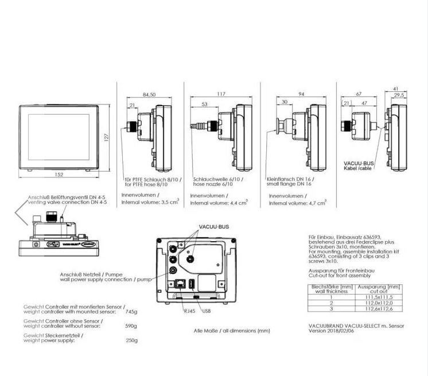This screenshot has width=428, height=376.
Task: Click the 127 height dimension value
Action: coord(107,138)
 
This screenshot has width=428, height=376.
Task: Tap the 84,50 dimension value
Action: coord(149,95)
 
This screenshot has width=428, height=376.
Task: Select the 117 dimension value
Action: coord(221,95)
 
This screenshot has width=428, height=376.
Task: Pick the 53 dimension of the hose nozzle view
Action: coord(204,104)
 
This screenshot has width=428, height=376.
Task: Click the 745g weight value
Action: coord(131,312)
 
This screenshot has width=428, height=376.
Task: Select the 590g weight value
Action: coord(131,325)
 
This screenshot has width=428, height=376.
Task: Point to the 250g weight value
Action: coord(131,339)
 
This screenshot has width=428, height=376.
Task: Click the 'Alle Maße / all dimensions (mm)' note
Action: coord(232,331)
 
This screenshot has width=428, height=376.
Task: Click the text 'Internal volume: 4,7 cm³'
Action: coord(297,203)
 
